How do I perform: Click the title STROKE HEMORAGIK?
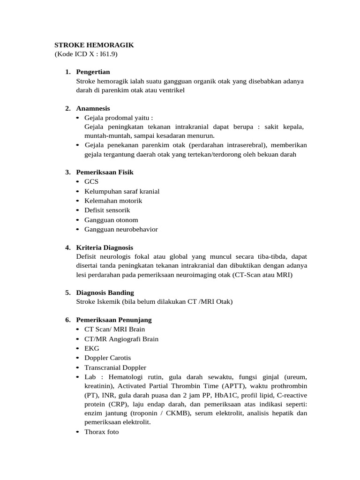(x=94, y=45)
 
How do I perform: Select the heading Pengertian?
(x=93, y=72)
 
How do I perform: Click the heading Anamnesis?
(x=93, y=108)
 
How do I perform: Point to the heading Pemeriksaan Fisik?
(x=105, y=172)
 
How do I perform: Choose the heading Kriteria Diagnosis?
(x=105, y=247)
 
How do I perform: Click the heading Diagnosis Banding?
(x=105, y=292)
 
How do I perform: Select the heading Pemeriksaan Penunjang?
(x=114, y=320)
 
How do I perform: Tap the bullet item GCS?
(x=91, y=181)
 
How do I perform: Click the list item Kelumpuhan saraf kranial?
(x=122, y=191)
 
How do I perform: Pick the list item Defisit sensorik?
(x=107, y=210)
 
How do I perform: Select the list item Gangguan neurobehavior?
(x=121, y=229)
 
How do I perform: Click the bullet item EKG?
(x=92, y=348)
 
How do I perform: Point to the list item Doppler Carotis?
(x=108, y=358)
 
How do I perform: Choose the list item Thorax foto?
(x=102, y=432)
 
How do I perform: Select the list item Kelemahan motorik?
(x=113, y=201)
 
